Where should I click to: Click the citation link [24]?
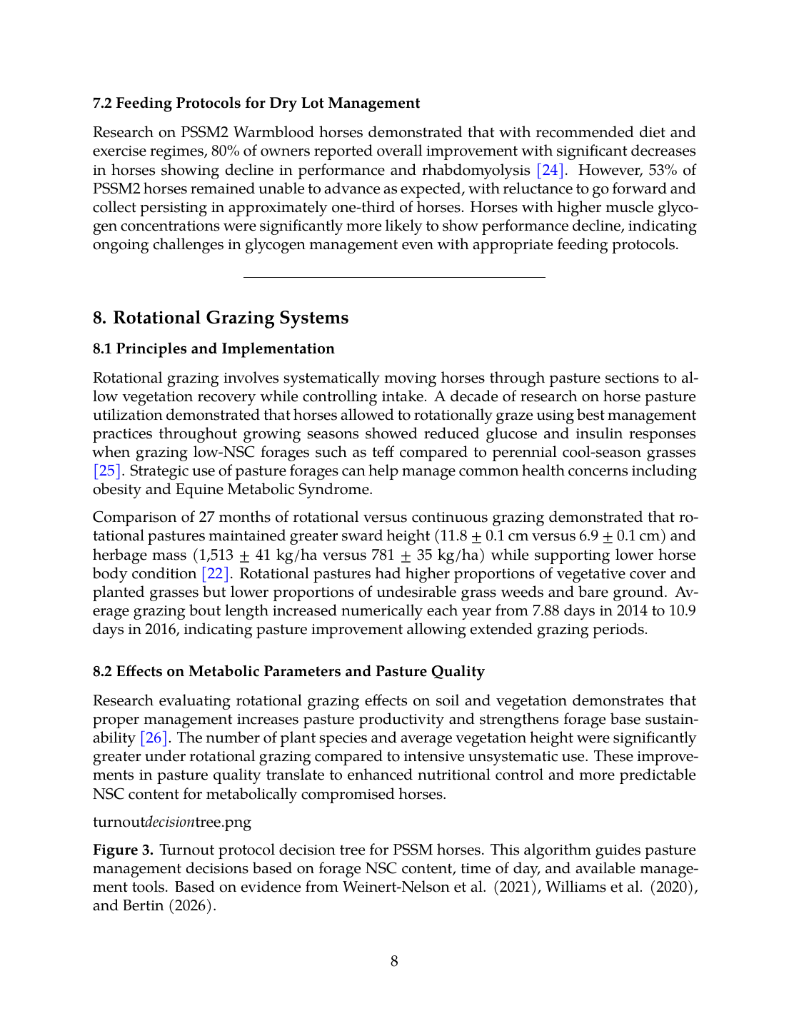[551, 170]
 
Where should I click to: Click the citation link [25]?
[107, 471]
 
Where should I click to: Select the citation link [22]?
[215, 574]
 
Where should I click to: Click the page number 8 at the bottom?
[394, 961]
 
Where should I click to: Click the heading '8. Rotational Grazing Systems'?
[221, 318]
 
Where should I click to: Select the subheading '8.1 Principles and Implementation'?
[213, 349]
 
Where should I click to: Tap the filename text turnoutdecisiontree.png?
[172, 822]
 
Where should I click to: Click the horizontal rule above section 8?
[394, 276]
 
